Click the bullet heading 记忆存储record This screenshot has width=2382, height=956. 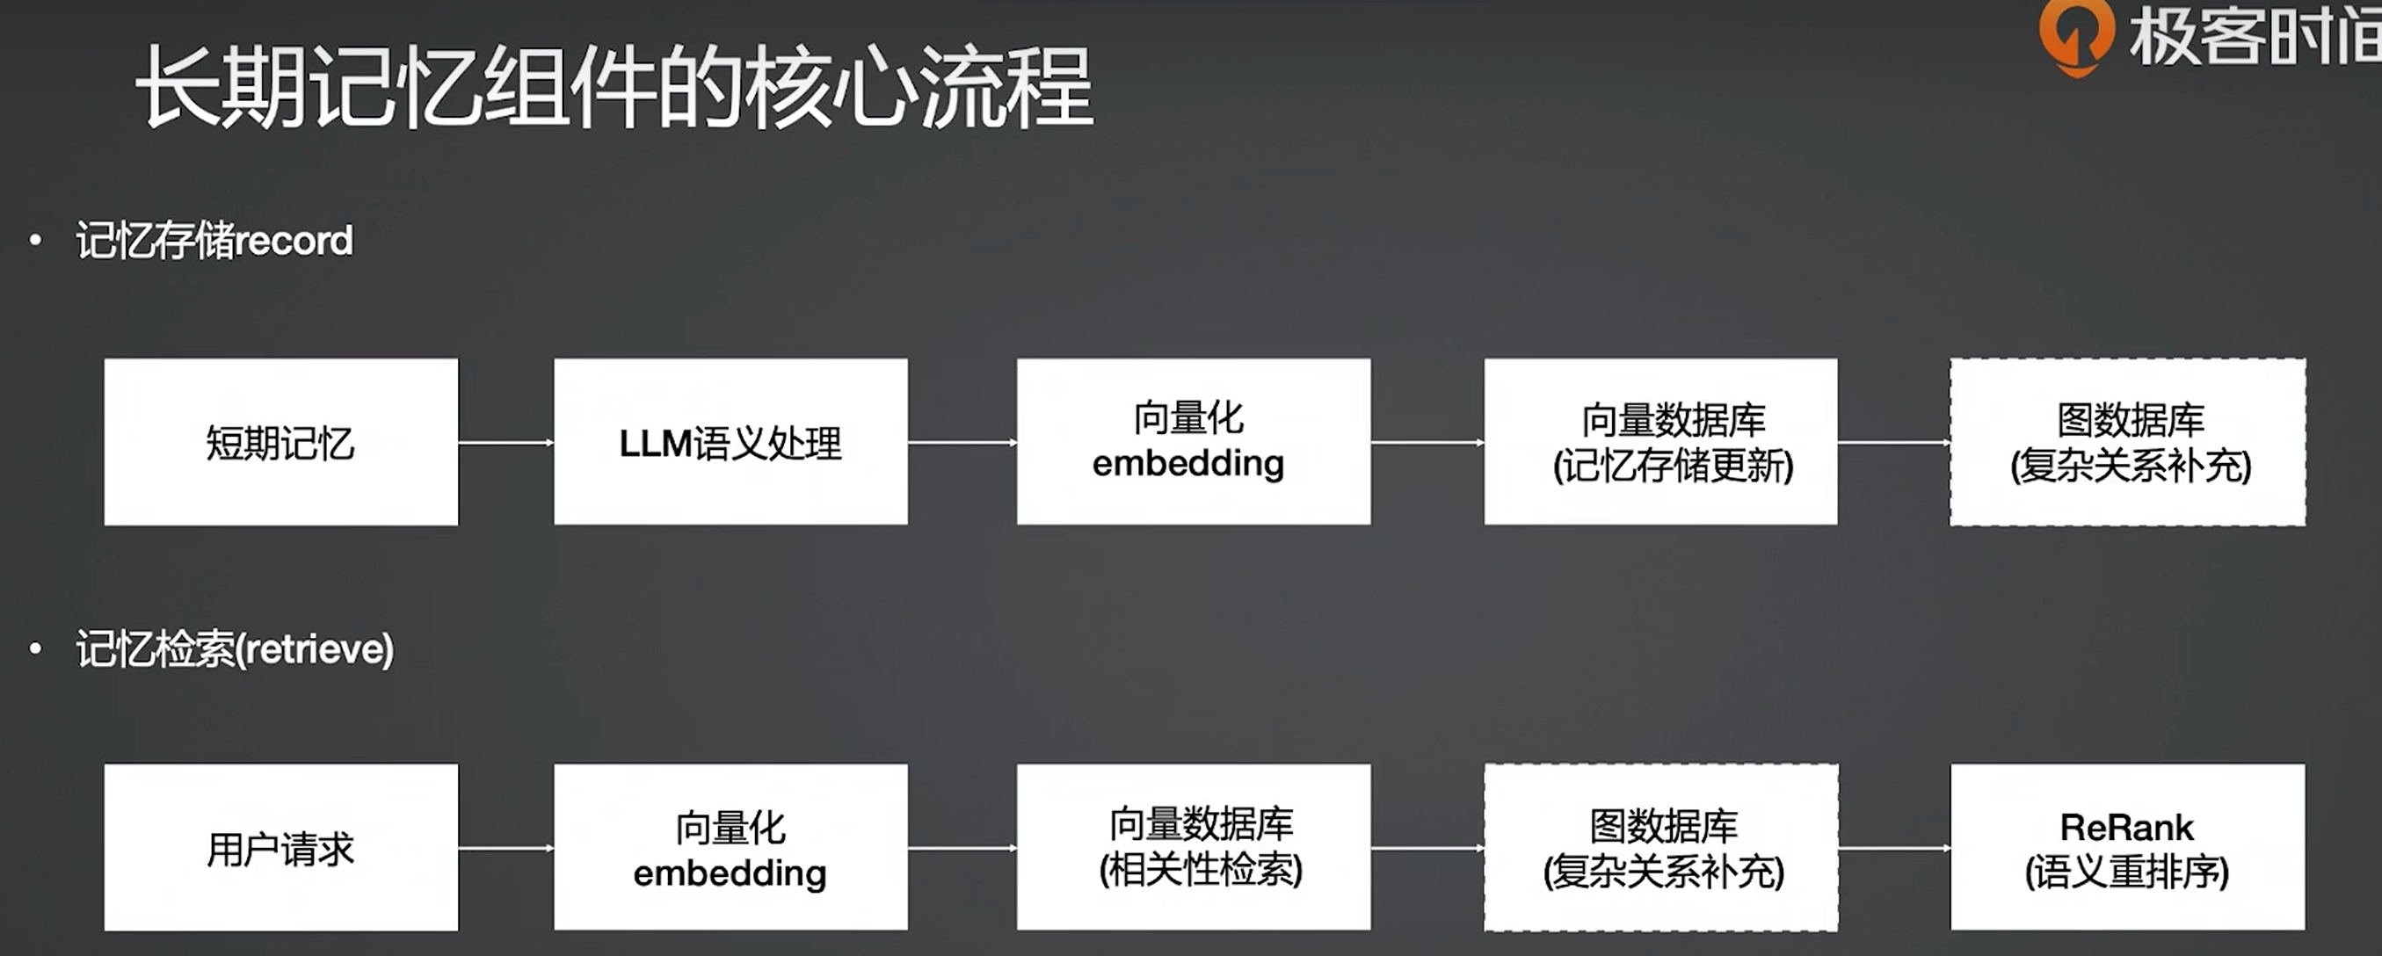point(214,242)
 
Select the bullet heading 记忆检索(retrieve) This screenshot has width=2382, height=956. point(235,649)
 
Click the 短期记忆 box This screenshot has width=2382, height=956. point(281,442)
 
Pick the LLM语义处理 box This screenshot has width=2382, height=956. point(730,442)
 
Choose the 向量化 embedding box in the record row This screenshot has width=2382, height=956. point(1193,442)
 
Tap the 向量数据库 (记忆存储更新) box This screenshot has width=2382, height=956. point(1660,442)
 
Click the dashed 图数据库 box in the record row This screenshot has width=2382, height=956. point(2128,442)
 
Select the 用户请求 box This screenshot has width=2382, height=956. point(281,847)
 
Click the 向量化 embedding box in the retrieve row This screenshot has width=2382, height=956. point(730,847)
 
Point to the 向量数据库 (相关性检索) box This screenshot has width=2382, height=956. point(1193,847)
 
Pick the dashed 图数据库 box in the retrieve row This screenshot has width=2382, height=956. point(1660,847)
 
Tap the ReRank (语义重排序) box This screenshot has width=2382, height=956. point(2128,847)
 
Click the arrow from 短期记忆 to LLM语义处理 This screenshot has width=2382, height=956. point(505,443)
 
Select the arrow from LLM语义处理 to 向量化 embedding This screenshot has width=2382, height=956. point(962,443)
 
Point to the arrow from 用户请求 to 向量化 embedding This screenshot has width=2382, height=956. point(505,848)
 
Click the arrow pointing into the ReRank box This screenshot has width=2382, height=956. point(1894,848)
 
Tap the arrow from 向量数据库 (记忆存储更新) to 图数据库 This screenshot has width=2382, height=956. point(1894,443)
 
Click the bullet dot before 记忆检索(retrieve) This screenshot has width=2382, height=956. point(35,649)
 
